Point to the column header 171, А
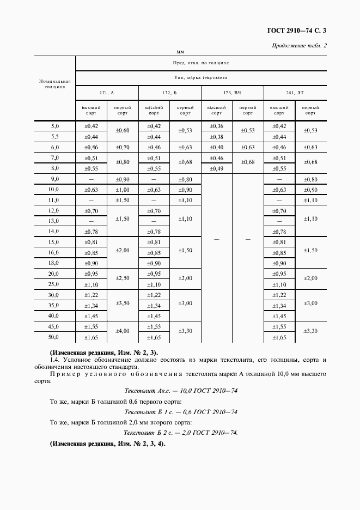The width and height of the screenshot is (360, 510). [107, 93]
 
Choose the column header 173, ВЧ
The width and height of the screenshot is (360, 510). [232, 93]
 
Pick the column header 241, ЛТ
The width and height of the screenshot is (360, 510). [295, 93]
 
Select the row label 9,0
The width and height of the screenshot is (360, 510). [54, 179]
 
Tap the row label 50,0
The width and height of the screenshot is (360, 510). [54, 338]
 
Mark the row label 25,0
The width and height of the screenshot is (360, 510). [54, 284]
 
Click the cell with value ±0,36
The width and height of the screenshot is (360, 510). [216, 126]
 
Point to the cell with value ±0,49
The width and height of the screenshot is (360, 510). [216, 168]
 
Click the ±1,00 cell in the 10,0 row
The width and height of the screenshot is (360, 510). [123, 190]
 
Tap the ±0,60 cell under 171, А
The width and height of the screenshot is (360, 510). [123, 131]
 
